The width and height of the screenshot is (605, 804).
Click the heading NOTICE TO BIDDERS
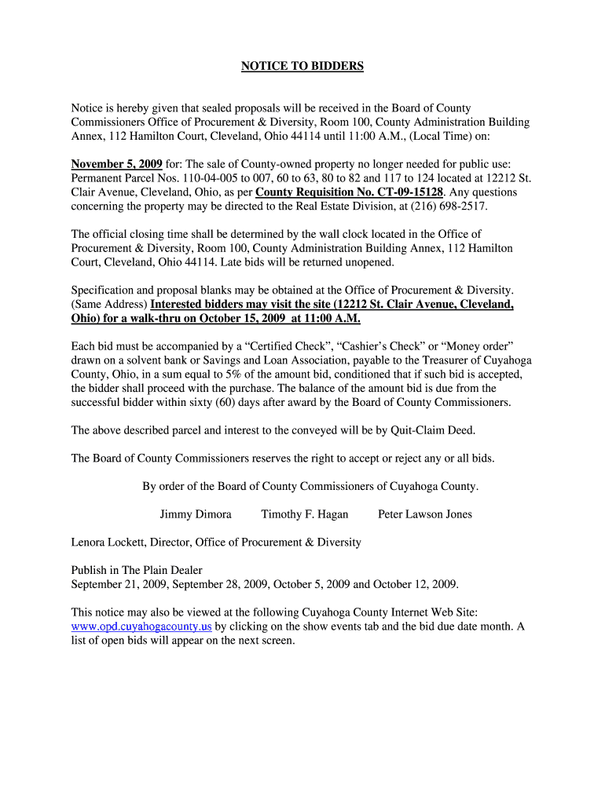tap(302, 67)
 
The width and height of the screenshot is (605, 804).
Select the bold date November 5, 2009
tap(116, 164)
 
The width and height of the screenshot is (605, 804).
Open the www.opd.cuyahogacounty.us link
tap(141, 627)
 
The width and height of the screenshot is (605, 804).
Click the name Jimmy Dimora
tap(196, 514)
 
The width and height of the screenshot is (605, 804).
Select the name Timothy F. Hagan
tap(305, 514)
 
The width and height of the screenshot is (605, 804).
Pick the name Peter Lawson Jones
tap(425, 514)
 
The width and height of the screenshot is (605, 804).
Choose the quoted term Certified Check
tap(256, 346)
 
